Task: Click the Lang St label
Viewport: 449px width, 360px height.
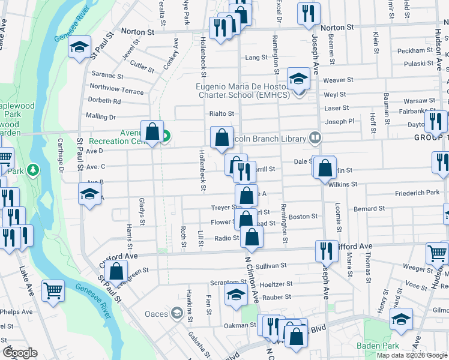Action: pyautogui.click(x=256, y=58)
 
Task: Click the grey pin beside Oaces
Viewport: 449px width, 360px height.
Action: pyautogui.click(x=176, y=313)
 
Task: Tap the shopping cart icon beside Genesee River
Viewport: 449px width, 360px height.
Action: pyautogui.click(x=53, y=290)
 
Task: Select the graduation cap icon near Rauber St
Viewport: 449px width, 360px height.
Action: pyautogui.click(x=236, y=294)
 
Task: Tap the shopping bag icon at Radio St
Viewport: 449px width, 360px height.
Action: pyautogui.click(x=252, y=237)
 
